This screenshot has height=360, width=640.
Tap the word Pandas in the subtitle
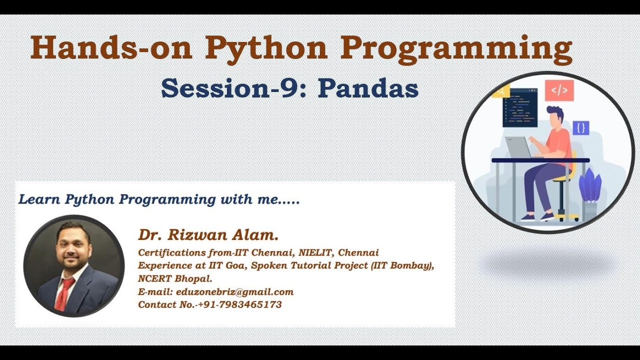[368, 89]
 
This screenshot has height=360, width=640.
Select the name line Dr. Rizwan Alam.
[208, 234]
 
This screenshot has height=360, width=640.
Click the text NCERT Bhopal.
[175, 278]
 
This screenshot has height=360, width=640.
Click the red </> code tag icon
[559, 90]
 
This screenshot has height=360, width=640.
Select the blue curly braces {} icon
[580, 128]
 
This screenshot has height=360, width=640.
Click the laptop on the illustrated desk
[518, 147]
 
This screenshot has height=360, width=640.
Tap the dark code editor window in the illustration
[519, 107]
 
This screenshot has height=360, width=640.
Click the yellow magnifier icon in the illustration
[500, 91]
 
